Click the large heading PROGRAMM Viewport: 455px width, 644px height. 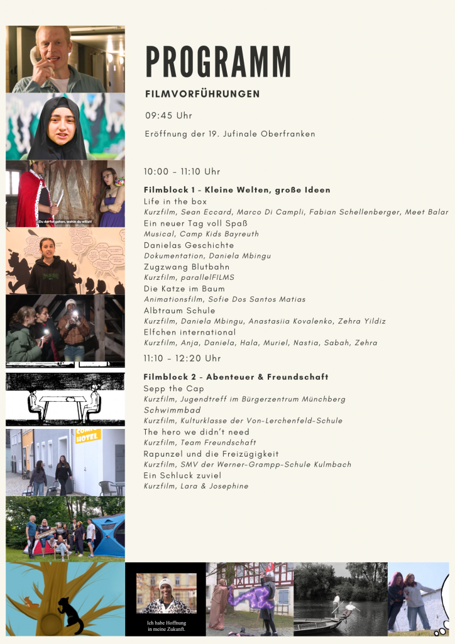point(218,62)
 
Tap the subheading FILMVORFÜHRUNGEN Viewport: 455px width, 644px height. point(202,94)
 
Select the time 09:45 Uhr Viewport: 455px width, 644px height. point(168,116)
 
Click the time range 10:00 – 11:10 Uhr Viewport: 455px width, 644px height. point(182,172)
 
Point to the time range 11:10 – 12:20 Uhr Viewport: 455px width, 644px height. point(182,358)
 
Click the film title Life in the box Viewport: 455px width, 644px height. point(175,201)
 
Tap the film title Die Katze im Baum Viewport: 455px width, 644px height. point(184,289)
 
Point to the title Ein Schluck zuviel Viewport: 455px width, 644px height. point(182,475)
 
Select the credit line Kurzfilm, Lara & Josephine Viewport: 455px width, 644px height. point(195,486)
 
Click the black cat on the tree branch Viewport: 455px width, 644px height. point(71,614)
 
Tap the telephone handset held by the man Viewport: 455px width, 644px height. point(36,55)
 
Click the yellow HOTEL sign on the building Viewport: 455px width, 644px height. point(88,436)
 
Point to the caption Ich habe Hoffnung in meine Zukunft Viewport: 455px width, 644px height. point(165,625)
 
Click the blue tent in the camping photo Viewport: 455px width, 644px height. point(111,535)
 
